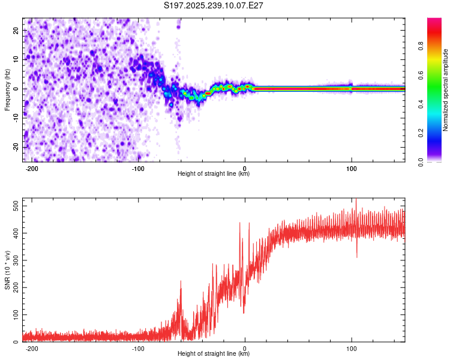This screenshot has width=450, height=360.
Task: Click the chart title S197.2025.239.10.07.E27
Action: click(214, 5)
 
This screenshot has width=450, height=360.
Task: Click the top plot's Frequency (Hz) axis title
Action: click(7, 89)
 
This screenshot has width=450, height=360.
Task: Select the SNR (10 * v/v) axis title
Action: click(7, 269)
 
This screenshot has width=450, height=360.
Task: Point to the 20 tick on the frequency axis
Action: click(17, 30)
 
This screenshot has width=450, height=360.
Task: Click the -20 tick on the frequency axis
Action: click(16, 147)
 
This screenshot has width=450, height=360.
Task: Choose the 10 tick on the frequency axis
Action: click(17, 59)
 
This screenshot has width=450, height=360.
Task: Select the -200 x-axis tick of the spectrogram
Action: click(32, 168)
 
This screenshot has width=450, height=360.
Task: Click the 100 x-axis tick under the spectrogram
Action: click(352, 168)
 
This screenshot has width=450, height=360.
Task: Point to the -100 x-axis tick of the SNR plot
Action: click(139, 348)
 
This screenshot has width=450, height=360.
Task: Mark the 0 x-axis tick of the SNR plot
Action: click(245, 348)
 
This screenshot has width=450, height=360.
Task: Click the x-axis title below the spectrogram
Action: click(214, 174)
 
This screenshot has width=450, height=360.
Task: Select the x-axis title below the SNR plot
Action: click(214, 354)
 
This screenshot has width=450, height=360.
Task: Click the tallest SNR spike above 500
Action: click(356, 200)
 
